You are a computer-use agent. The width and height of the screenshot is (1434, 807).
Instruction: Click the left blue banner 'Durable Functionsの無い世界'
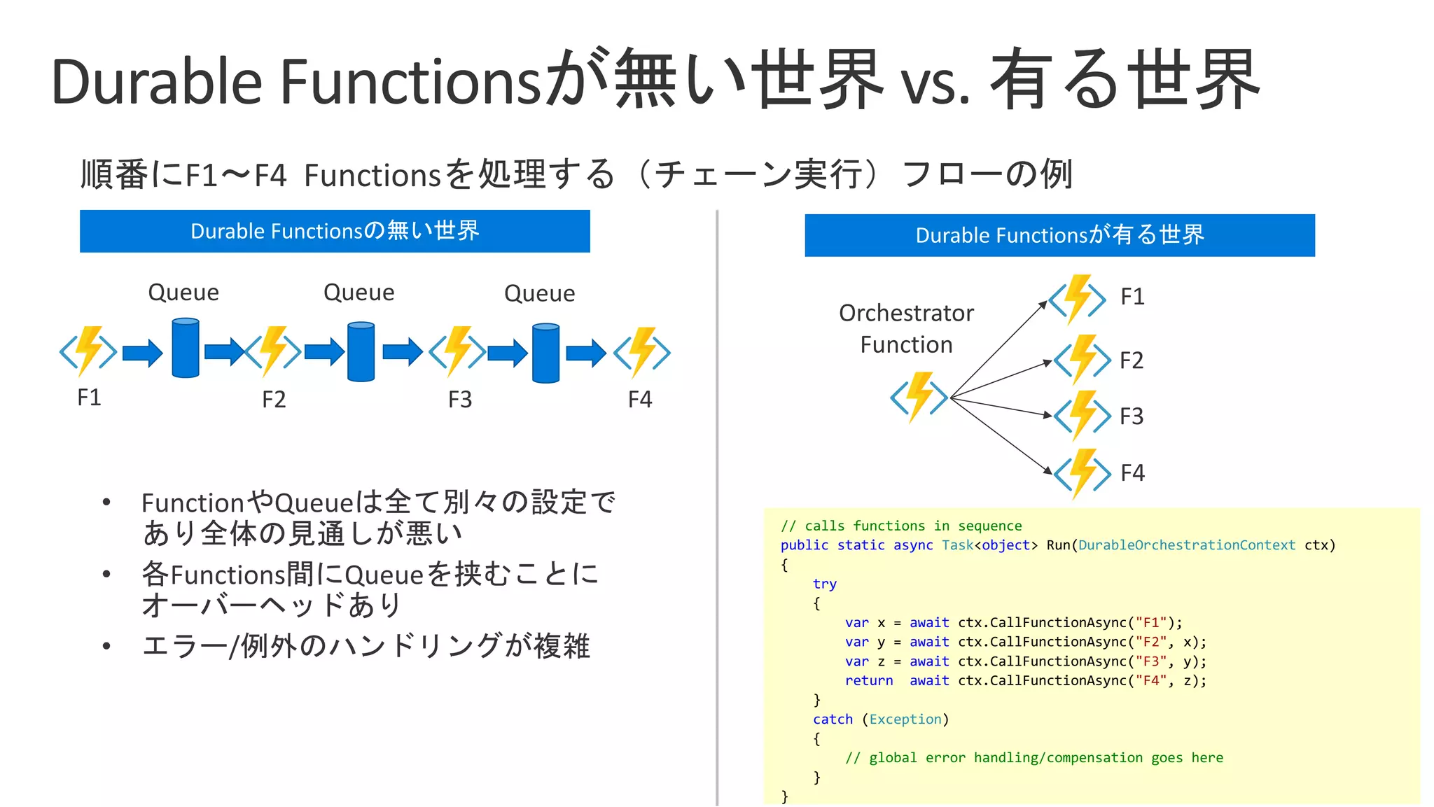point(335,231)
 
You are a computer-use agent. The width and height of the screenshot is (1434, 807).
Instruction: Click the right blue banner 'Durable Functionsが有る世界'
point(1059,235)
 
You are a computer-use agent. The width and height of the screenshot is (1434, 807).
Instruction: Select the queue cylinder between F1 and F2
point(186,348)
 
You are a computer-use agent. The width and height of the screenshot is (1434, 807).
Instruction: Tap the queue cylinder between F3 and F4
point(545,353)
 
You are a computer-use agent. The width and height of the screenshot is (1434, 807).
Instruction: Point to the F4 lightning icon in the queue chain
point(642,353)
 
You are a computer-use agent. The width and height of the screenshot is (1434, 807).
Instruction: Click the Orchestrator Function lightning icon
point(919,398)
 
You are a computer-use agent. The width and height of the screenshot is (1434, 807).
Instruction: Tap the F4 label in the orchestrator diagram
point(1132,473)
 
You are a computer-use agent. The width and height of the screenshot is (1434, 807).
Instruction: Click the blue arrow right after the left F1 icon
point(142,353)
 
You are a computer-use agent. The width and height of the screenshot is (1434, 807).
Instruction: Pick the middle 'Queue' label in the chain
point(358,293)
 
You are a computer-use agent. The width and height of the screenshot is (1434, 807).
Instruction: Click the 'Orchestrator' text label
point(906,313)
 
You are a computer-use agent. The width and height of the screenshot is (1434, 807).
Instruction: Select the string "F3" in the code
point(1151,661)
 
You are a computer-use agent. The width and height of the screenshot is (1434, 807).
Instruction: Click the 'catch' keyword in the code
point(833,720)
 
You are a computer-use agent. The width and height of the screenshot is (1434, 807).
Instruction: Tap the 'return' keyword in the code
point(868,681)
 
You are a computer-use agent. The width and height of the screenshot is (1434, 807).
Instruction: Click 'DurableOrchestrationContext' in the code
point(1186,545)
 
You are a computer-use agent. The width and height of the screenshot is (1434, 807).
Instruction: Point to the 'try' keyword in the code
point(824,584)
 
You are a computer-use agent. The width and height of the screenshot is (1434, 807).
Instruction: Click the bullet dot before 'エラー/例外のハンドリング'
point(106,646)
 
